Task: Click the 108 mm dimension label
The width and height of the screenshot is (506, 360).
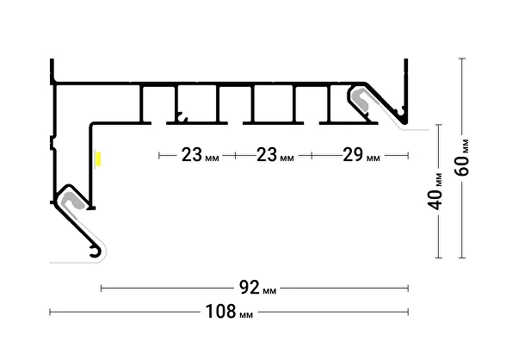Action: click(x=229, y=312)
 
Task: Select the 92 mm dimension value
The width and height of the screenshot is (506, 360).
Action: click(x=257, y=288)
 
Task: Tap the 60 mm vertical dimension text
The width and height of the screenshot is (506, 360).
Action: click(x=462, y=158)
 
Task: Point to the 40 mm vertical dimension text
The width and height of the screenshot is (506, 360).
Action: click(x=435, y=192)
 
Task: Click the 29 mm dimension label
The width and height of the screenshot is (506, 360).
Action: click(x=361, y=155)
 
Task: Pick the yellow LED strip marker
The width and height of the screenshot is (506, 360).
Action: click(x=98, y=158)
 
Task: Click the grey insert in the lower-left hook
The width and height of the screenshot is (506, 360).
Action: click(x=73, y=200)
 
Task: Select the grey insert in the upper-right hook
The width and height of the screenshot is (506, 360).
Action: click(x=362, y=99)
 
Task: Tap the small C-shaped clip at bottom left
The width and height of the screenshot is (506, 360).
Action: click(x=95, y=251)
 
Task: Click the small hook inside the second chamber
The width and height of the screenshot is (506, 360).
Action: click(x=182, y=117)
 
